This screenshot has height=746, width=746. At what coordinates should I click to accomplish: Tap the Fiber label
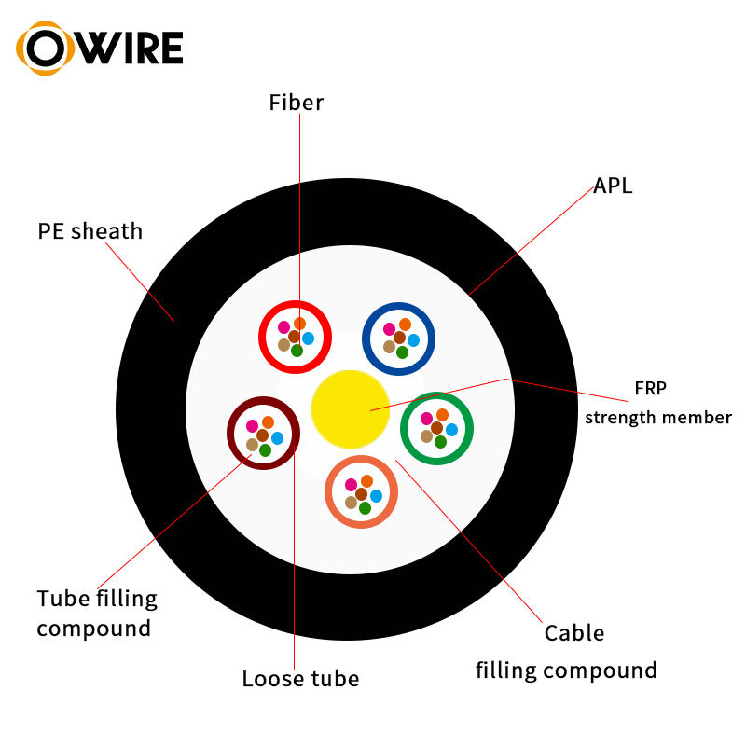point(296,103)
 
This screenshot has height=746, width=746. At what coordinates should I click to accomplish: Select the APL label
point(613,186)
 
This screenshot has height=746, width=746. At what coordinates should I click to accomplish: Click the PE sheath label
point(90,231)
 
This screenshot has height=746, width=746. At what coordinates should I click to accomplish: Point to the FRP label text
point(650,388)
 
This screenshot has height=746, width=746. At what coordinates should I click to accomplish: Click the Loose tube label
point(300,679)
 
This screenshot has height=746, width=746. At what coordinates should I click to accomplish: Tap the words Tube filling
point(97,599)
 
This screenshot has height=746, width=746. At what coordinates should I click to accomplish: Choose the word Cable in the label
point(574,633)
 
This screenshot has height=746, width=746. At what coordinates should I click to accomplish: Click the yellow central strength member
point(351,409)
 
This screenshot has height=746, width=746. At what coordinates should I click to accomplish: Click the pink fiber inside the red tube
point(284,327)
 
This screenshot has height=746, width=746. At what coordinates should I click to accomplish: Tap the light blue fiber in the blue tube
point(413,340)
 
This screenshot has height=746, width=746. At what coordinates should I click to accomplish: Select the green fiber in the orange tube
point(365,508)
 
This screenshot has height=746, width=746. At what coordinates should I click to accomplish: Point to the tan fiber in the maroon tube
point(252,445)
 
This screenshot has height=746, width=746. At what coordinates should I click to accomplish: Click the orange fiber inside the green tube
point(442,415)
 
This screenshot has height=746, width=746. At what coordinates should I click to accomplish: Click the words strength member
point(658,418)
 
